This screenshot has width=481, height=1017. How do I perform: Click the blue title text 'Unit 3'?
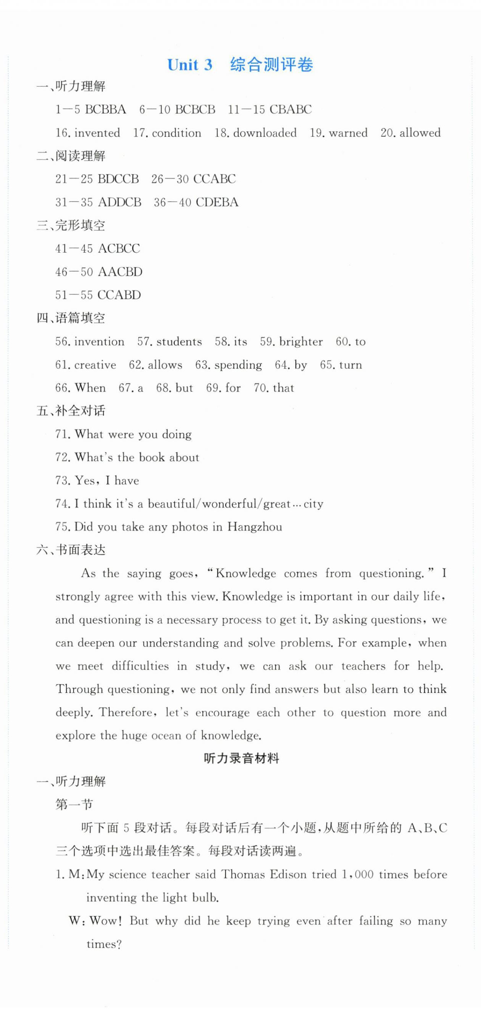(x=190, y=65)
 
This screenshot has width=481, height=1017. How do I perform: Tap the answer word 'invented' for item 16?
(x=97, y=133)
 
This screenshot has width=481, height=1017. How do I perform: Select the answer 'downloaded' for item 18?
(x=265, y=133)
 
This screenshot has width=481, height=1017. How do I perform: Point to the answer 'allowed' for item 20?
(x=420, y=133)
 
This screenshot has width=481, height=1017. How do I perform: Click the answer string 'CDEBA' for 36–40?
(x=217, y=203)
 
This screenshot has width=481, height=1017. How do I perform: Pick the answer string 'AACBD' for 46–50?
(x=120, y=272)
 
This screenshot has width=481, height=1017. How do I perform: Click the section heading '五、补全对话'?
(x=71, y=411)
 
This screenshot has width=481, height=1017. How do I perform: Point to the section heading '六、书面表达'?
(x=71, y=550)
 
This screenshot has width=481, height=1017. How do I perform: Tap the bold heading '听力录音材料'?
(x=241, y=758)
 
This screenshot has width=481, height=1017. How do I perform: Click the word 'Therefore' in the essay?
(x=128, y=713)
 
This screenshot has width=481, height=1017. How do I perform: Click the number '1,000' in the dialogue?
(x=358, y=874)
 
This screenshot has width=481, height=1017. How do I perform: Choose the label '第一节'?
(x=74, y=805)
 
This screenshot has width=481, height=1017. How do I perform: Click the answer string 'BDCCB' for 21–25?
(x=118, y=179)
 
